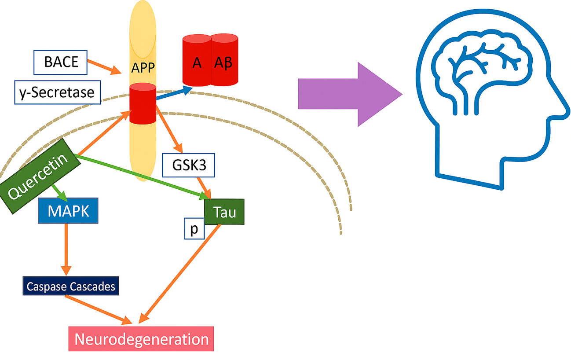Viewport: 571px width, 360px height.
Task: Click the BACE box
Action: [61, 62]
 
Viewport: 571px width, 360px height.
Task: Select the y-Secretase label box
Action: [57, 93]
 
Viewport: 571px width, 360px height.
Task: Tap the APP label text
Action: [143, 68]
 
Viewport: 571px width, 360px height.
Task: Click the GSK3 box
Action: [189, 165]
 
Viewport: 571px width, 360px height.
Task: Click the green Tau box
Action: [224, 213]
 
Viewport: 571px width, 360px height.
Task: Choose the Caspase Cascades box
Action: [71, 287]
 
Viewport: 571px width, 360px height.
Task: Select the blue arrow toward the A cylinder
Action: [174, 93]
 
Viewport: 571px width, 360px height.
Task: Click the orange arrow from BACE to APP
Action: [104, 66]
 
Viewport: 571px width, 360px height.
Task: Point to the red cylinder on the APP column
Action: [143, 104]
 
